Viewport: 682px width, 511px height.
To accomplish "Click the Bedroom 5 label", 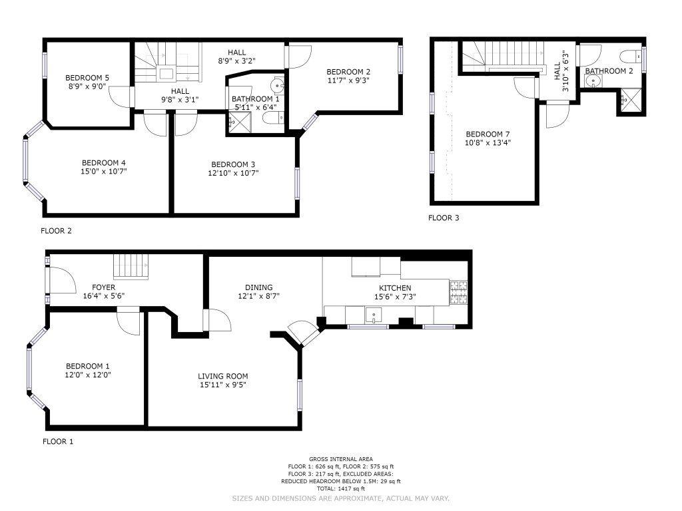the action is click(x=87, y=78).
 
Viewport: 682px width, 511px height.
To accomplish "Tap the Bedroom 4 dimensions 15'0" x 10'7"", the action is click(x=104, y=171).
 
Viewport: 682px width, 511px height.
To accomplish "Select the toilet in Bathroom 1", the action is click(x=274, y=117).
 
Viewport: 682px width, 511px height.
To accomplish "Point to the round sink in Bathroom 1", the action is click(x=277, y=85).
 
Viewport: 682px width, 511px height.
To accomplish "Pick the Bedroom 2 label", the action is click(x=348, y=72).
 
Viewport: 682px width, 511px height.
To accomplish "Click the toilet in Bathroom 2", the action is click(x=630, y=56).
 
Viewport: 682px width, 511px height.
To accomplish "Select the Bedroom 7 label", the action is click(x=488, y=134).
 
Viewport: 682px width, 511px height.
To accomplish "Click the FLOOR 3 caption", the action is click(x=443, y=218).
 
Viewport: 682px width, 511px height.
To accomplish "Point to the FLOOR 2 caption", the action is click(x=56, y=231).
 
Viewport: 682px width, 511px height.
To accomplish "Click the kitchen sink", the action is click(x=373, y=315).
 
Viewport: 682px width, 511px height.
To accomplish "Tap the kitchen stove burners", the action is click(x=458, y=292).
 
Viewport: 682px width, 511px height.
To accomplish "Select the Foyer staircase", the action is click(x=131, y=267).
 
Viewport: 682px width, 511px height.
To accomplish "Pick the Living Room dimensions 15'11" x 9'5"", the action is click(x=223, y=385).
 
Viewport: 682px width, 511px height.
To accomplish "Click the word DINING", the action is click(x=259, y=287).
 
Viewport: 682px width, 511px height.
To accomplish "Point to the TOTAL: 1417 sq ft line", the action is click(x=341, y=488).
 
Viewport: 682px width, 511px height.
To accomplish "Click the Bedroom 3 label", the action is click(x=233, y=164).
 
